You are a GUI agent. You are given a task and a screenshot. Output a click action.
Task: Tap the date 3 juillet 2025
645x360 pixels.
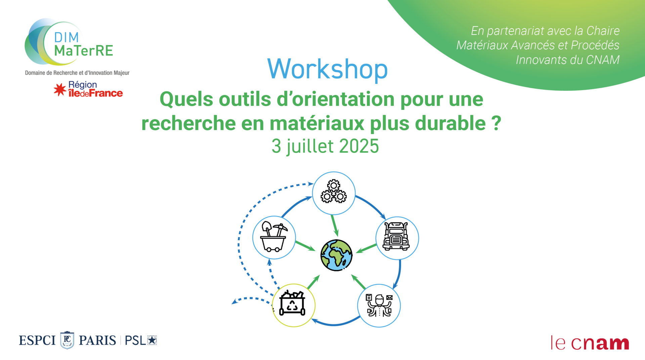point(325,146)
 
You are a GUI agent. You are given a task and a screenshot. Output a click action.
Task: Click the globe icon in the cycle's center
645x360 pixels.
point(336,255)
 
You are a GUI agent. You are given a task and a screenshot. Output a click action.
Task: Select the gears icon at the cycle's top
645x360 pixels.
point(334,191)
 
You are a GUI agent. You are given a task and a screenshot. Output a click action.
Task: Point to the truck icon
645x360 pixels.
point(396,236)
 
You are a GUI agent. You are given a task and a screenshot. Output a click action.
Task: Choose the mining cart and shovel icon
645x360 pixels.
point(274,237)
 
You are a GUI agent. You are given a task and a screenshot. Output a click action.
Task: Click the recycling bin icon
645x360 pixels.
point(292,303)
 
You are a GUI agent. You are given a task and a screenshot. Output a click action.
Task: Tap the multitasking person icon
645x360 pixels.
point(379,305)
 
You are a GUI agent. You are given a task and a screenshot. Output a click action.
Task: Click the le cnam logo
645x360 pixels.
point(590,343)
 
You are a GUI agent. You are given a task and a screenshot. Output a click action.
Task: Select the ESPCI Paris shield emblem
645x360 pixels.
point(67,340)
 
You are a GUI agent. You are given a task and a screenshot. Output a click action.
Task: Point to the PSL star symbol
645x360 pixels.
point(152,340)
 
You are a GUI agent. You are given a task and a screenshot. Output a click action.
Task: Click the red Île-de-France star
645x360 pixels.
point(60,90)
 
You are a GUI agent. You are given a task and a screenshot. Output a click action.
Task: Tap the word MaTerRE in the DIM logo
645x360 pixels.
point(84,51)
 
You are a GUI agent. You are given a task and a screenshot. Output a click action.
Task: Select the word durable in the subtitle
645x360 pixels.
point(450,123)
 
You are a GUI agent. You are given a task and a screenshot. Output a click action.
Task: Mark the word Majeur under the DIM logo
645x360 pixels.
point(122,73)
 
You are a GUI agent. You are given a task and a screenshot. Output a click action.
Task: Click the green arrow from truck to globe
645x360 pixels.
point(366,249)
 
